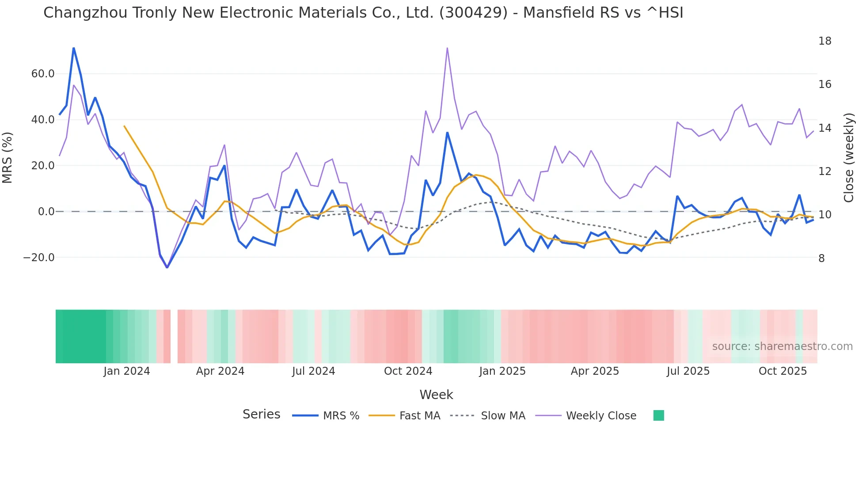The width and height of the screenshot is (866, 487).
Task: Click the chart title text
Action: (363, 13)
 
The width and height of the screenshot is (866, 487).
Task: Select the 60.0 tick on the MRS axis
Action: (42, 74)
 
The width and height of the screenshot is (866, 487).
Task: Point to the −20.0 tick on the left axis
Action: (39, 258)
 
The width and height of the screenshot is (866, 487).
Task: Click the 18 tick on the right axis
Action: (824, 41)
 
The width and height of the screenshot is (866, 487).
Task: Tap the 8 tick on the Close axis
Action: (821, 259)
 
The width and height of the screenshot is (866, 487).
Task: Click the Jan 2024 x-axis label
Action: (127, 371)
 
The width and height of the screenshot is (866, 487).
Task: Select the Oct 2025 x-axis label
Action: (782, 371)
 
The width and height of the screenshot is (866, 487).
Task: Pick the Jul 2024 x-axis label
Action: (313, 371)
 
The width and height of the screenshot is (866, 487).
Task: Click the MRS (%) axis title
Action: (8, 158)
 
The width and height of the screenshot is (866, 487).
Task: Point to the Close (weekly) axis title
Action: (849, 158)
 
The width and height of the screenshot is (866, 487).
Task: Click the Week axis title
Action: (436, 395)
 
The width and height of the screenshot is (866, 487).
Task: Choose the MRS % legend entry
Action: (326, 416)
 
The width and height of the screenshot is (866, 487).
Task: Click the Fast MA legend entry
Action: (405, 416)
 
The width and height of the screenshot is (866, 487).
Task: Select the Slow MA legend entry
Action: (488, 416)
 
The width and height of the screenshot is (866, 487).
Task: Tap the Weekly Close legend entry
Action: (586, 416)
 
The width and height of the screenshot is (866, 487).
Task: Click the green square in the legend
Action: (658, 415)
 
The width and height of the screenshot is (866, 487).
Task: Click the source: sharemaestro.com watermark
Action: (782, 346)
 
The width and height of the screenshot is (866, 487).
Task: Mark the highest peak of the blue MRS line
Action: (73, 48)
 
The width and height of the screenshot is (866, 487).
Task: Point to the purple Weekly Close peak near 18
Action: (447, 48)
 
